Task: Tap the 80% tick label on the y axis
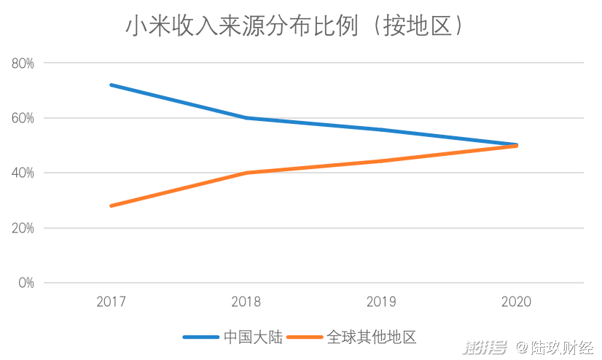pos(23,63)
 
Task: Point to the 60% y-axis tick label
pos(23,118)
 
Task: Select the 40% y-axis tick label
pos(23,173)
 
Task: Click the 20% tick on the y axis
pos(23,228)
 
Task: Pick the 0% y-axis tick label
pos(26,283)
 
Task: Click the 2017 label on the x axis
pos(111,302)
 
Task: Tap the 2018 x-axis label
pos(246,302)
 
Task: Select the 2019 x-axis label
pos(381,302)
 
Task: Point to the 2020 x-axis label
pos(517,302)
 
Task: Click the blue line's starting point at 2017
pos(111,85)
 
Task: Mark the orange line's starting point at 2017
pos(111,206)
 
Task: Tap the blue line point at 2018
pos(246,118)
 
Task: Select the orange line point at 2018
pos(246,173)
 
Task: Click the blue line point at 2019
pos(381,130)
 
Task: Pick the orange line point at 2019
pos(381,161)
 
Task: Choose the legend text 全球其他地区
pos(372,337)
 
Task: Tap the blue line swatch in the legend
pos(200,337)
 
